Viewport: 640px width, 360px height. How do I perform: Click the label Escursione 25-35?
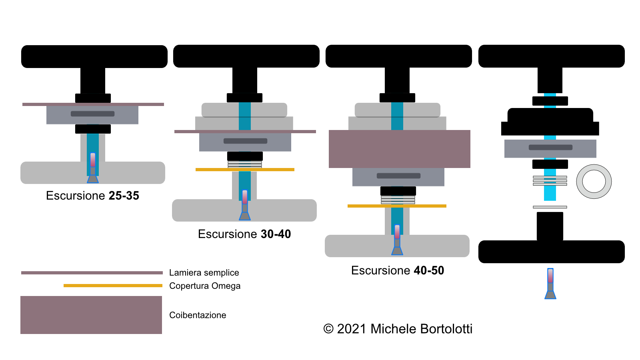click(x=92, y=196)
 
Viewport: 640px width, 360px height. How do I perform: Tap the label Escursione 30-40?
click(x=244, y=234)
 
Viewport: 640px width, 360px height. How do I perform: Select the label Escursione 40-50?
click(x=398, y=270)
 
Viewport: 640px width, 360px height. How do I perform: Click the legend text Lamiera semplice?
click(x=204, y=272)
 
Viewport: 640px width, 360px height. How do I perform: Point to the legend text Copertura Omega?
click(x=205, y=286)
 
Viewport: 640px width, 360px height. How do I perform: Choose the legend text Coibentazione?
click(x=198, y=315)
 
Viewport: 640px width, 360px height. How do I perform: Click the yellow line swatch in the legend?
click(x=113, y=286)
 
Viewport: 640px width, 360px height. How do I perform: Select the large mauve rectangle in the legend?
click(x=91, y=315)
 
